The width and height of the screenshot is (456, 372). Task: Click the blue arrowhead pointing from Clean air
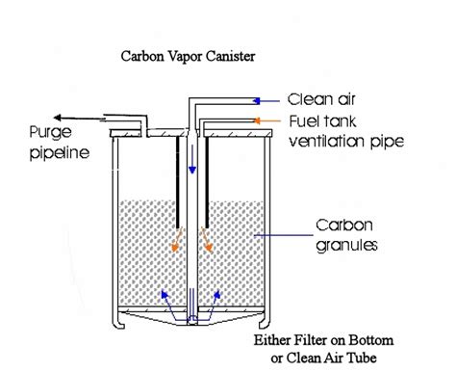pyautogui.click(x=258, y=98)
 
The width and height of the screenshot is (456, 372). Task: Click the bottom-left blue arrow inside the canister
pyautogui.click(x=169, y=297)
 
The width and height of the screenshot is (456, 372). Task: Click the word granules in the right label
pyautogui.click(x=344, y=245)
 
